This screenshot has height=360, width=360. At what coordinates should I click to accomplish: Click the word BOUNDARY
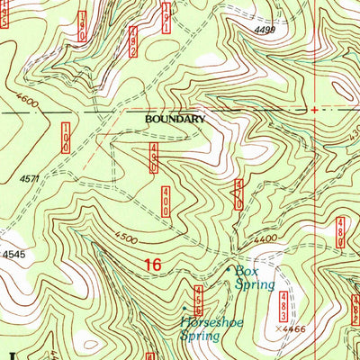(175, 118)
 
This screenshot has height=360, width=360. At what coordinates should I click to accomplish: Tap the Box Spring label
(255, 276)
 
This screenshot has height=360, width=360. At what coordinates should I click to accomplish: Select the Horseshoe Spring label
(200, 328)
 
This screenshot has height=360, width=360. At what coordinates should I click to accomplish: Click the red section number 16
(155, 264)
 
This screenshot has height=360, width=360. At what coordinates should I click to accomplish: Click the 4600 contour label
(26, 105)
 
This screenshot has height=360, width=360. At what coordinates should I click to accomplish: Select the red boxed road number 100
(66, 137)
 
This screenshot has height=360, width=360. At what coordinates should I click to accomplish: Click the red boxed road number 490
(154, 159)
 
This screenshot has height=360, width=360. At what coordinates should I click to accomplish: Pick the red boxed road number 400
(166, 200)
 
